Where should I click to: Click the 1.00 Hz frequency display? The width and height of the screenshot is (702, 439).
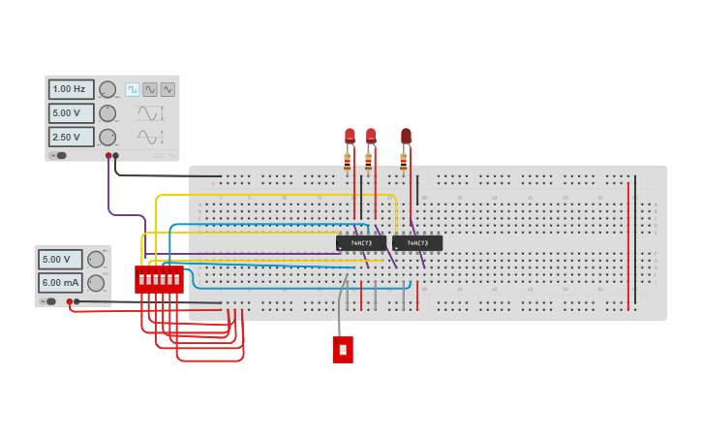click(x=72, y=89)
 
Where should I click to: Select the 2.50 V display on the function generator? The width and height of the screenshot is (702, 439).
click(x=72, y=137)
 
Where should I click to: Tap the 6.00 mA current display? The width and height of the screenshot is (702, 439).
click(x=60, y=283)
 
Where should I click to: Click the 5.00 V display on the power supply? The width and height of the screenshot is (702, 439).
click(x=60, y=260)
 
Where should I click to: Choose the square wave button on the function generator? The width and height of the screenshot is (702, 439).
click(x=133, y=89)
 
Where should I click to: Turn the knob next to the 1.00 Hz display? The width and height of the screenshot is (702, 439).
click(x=107, y=89)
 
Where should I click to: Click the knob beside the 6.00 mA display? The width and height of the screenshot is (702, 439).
click(x=96, y=283)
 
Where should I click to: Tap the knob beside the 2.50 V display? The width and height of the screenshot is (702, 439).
click(x=107, y=137)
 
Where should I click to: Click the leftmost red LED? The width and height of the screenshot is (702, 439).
click(x=350, y=136)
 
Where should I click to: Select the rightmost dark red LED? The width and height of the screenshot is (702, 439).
click(x=406, y=136)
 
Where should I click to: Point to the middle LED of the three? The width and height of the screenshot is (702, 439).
click(x=371, y=136)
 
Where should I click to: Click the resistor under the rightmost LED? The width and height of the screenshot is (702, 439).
click(x=404, y=162)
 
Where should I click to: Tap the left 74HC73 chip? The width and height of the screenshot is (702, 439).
click(x=360, y=243)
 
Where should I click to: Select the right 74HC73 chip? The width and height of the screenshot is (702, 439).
click(x=417, y=243)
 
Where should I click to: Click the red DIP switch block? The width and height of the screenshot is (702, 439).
click(x=159, y=279)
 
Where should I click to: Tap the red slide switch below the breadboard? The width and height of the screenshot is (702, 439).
click(x=343, y=350)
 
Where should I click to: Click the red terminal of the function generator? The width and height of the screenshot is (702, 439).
click(x=108, y=155)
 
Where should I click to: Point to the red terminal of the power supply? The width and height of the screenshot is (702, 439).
click(x=70, y=301)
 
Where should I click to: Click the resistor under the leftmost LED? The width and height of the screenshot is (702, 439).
click(x=348, y=162)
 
